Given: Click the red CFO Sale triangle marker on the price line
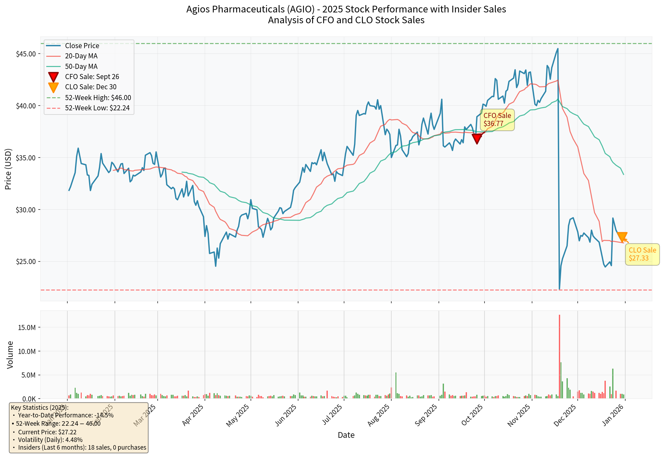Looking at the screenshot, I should pos(477,138).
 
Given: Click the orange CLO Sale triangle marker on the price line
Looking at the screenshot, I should pos(622,237).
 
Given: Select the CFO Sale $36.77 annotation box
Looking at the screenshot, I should pos(497,120).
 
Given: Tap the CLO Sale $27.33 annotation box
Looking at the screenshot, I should pos(642,254).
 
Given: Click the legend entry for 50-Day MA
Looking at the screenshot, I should pos(81,66).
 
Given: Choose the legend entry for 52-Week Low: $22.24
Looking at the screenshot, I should pos(97,108).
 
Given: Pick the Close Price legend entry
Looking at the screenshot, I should pos(82,46).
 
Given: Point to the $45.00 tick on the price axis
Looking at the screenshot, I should pos(26,54).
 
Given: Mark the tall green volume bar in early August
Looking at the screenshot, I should pos(396,385).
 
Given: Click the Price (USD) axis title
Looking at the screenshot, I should pos(8,169).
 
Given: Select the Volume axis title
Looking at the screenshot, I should pos(10,355).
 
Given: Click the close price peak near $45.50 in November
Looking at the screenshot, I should pos(558,49).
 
